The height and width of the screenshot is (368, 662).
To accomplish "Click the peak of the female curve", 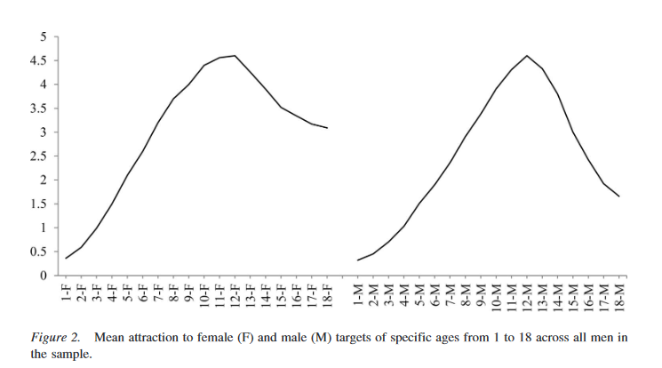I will [235, 55].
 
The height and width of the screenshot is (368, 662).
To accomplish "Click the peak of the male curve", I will [527, 55].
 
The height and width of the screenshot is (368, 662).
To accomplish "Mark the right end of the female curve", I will [327, 128].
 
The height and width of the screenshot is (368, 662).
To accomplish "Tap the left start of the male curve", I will [358, 260].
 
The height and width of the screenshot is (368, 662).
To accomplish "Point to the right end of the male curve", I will [618, 196].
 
